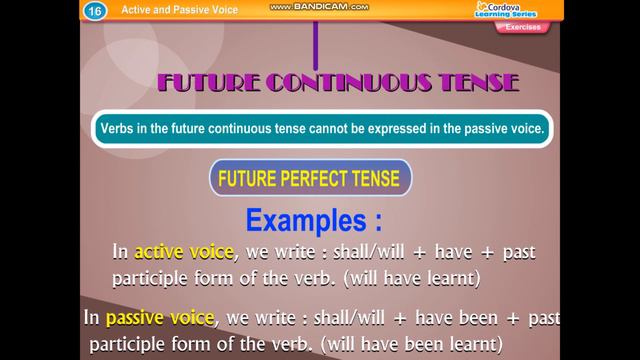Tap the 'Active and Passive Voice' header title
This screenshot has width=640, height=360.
170,9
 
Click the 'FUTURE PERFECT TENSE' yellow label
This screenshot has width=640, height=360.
310,181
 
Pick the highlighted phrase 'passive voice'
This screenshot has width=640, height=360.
161,319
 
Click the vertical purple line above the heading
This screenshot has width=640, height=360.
317,40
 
